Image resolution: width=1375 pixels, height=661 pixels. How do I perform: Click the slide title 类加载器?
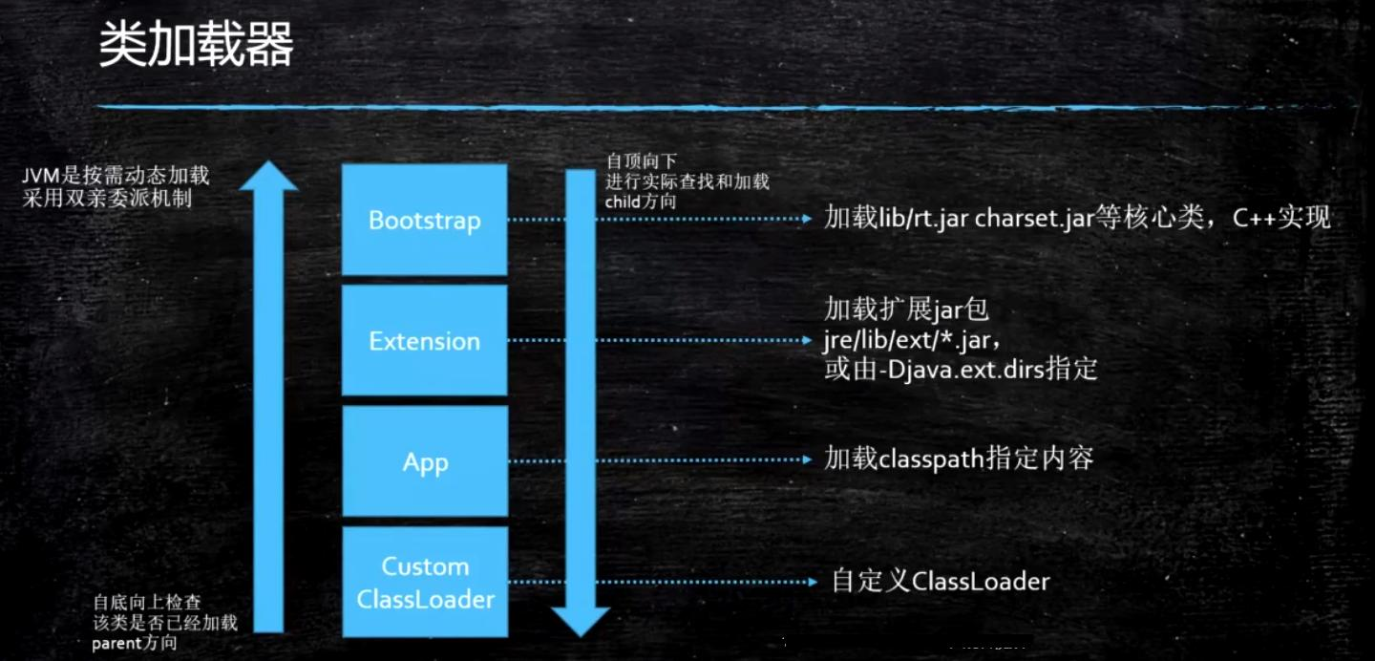click(196, 46)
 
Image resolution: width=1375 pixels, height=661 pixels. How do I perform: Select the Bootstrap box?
click(424, 220)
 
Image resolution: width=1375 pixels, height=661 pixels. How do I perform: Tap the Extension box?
click(424, 341)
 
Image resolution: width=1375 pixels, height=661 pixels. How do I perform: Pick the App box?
click(424, 462)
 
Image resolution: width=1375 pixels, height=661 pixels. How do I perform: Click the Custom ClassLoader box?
click(424, 583)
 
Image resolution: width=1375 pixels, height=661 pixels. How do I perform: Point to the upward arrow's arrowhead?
click(268, 177)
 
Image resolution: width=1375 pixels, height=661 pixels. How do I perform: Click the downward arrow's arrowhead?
click(580, 620)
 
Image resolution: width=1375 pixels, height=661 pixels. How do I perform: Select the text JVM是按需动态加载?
click(116, 176)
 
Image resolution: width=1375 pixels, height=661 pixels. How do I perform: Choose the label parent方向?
click(134, 643)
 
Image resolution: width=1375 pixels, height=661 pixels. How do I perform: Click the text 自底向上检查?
click(147, 603)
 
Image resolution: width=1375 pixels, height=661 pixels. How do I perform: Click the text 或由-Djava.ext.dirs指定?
click(961, 369)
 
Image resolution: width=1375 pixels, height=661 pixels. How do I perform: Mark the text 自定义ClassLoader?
click(941, 581)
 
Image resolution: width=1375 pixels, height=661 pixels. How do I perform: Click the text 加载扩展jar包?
click(906, 309)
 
